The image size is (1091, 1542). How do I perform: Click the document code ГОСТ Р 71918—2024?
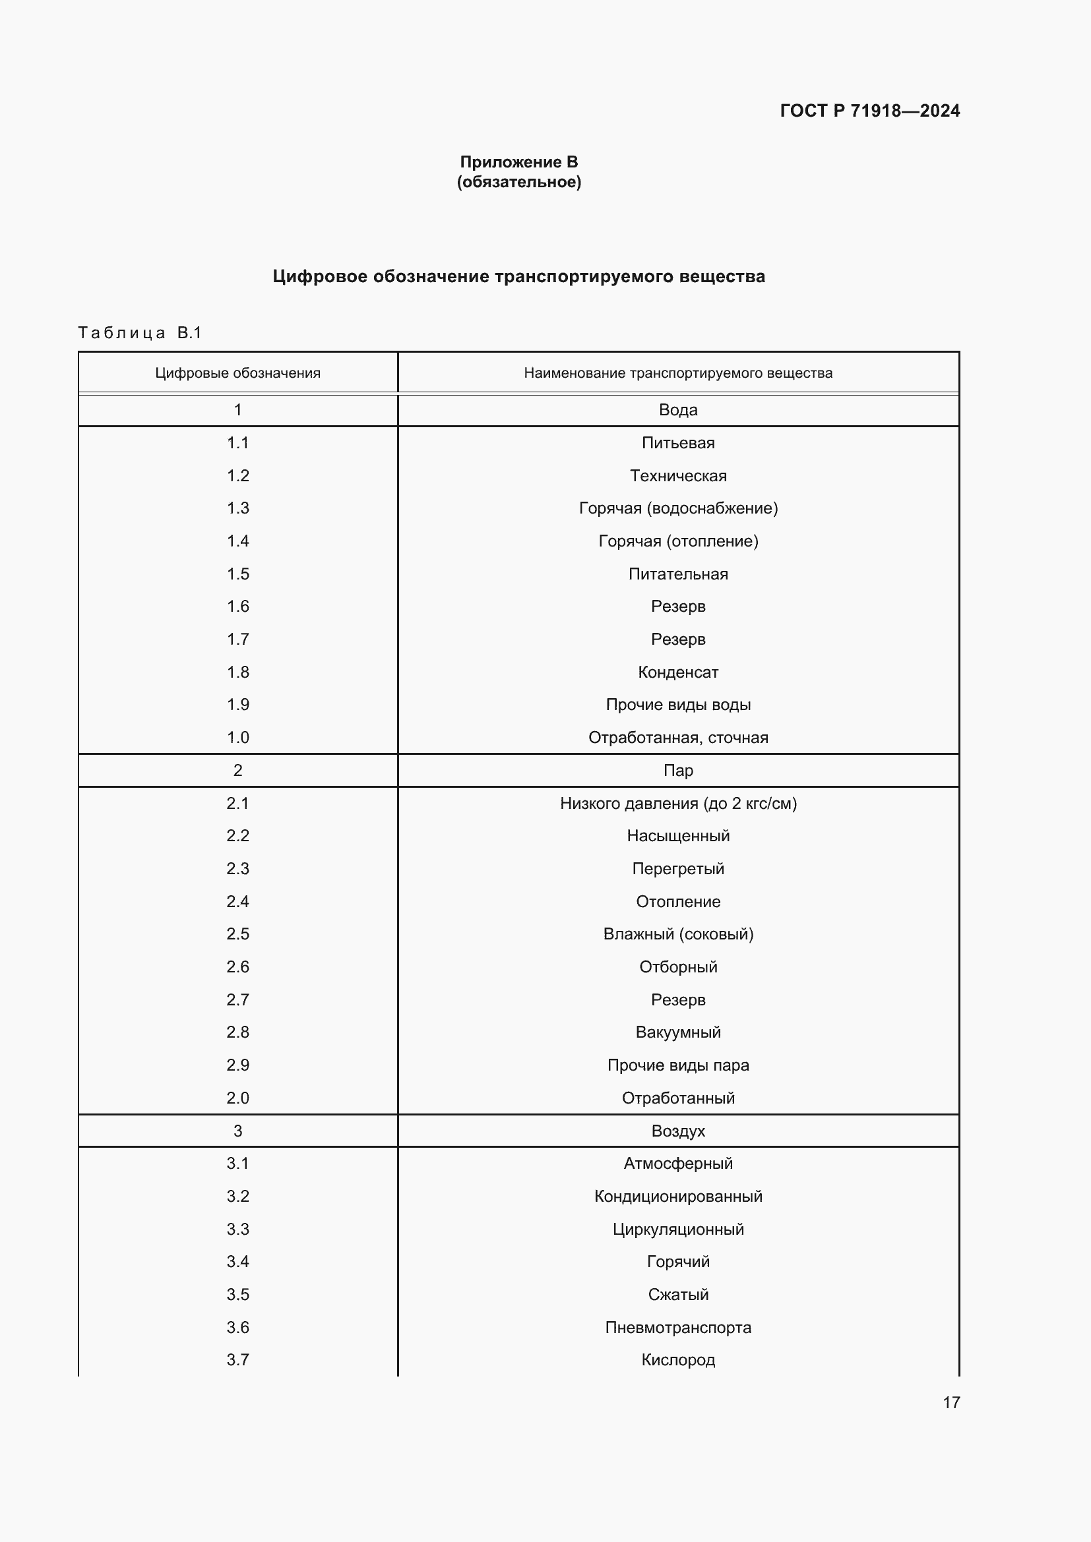coord(869,111)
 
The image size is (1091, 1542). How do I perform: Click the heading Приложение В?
coord(518,162)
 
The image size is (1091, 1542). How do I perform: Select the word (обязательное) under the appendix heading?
coord(518,182)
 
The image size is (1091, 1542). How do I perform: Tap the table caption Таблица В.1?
coord(140,332)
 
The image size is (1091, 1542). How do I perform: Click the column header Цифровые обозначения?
coord(238,372)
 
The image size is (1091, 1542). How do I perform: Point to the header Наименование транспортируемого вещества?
coord(678,372)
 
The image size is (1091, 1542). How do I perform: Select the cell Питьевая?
coord(678,442)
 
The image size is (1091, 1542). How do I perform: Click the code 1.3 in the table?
coord(238,508)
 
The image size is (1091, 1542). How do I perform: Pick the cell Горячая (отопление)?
coord(678,541)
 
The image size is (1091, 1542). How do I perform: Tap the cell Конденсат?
coord(678,672)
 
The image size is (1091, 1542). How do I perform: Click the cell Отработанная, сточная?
coord(678,738)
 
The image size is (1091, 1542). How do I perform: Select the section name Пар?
coord(678,770)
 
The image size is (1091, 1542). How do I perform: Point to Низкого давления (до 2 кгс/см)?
coord(678,803)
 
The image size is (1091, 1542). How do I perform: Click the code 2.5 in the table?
coord(238,934)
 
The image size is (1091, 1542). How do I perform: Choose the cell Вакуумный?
coord(678,1032)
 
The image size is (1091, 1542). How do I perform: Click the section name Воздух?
coord(678,1131)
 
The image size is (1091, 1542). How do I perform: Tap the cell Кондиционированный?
coord(678,1196)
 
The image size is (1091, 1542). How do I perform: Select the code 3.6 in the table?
coord(238,1327)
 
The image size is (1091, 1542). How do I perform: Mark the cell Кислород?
coord(678,1359)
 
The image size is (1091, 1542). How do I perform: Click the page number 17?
coord(951,1402)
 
